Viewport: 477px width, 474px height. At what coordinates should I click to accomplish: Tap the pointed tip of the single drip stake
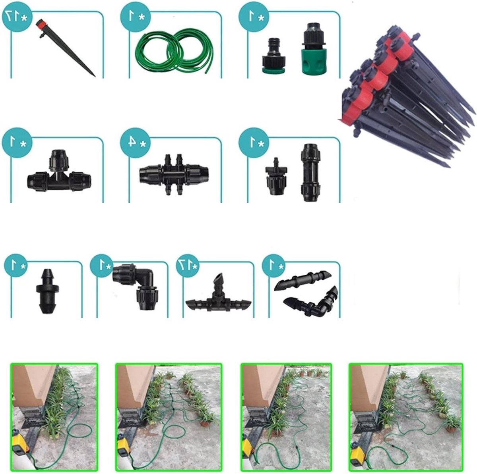[95, 76]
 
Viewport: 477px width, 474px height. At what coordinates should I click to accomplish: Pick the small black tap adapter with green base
[274, 56]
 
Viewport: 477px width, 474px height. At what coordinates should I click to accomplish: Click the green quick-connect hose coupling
[313, 48]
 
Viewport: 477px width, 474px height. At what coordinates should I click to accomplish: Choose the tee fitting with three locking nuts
[59, 171]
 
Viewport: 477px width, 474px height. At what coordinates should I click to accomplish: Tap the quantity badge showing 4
[136, 143]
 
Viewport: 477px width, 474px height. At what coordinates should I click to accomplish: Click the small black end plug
[48, 291]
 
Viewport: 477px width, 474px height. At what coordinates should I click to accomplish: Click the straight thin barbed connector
[302, 280]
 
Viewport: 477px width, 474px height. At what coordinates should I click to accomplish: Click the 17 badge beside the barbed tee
[188, 266]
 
